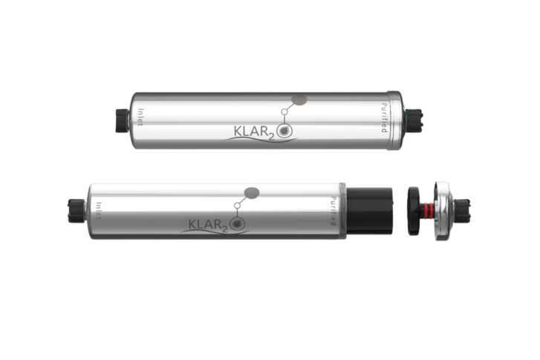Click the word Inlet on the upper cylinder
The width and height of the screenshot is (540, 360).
(140, 117)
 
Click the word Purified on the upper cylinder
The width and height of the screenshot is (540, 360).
(384, 118)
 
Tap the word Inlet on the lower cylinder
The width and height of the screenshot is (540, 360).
(99, 211)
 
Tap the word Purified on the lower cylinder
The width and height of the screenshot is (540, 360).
(333, 211)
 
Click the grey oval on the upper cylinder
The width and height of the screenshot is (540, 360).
(299, 99)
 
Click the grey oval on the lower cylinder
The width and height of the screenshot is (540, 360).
(252, 193)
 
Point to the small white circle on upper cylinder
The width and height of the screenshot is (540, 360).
(284, 112)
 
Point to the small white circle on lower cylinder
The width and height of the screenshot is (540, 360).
(237, 206)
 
